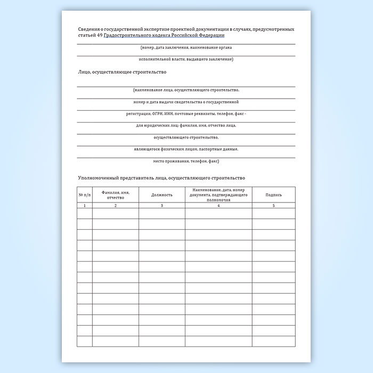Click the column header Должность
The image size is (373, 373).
tap(162, 195)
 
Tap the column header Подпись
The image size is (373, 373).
tap(273, 195)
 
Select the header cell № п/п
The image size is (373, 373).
tap(85, 195)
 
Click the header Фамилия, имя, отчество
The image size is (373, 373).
tap(115, 195)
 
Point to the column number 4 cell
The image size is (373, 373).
tap(218, 205)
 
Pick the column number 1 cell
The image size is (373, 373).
tap(85, 205)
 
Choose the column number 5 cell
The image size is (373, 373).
tap(273, 205)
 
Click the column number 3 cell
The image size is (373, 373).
tap(162, 205)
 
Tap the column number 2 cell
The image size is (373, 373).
tap(115, 205)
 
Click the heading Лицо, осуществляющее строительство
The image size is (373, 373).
tap(122, 72)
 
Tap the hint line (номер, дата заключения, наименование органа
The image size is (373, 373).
tap(186, 47)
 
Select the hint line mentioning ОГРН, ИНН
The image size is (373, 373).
tap(186, 114)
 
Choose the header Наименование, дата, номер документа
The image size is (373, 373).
tap(218, 195)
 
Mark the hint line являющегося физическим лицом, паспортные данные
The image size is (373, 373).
tap(186, 149)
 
